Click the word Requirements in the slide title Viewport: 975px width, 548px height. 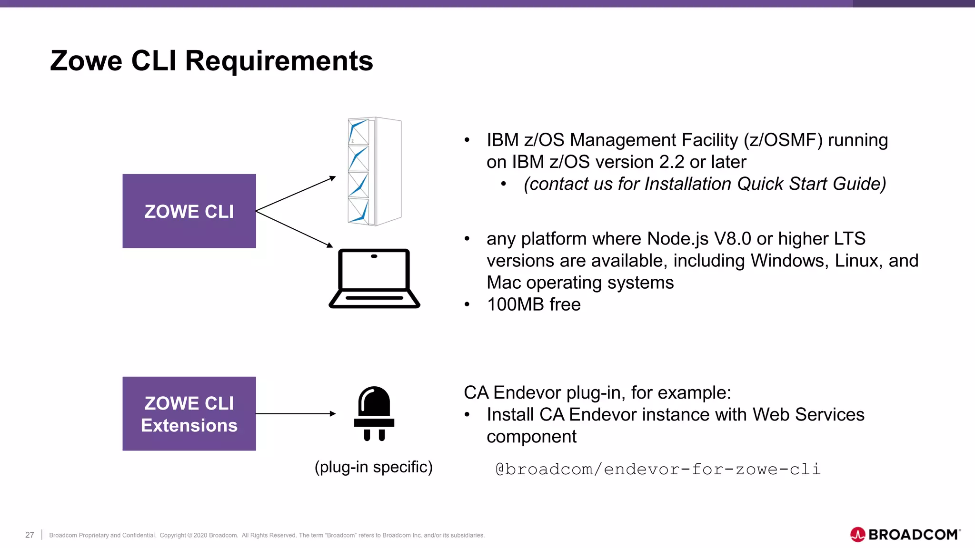point(279,61)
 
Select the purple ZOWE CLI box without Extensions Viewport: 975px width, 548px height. point(189,211)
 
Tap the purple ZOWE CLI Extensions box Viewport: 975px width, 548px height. point(189,414)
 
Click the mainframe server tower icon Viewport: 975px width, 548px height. point(375,171)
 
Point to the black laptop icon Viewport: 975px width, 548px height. point(374,279)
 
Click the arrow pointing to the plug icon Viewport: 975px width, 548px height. point(295,414)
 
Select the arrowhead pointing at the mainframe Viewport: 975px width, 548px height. point(333,178)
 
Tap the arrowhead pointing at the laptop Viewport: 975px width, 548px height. point(329,245)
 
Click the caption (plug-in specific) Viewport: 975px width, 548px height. point(374,467)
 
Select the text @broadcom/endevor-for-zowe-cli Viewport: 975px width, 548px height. point(658,470)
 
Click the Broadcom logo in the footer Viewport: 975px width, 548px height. point(905,535)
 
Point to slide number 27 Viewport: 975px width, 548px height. point(30,535)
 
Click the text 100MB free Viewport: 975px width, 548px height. point(534,304)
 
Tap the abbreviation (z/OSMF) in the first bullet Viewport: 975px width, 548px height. point(783,140)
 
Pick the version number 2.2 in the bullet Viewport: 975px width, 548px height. point(672,162)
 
